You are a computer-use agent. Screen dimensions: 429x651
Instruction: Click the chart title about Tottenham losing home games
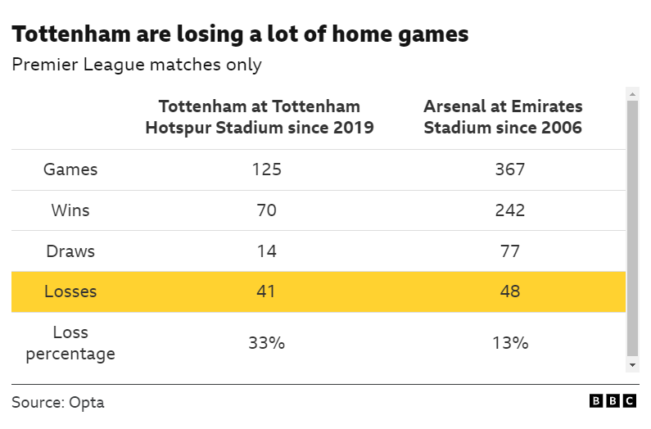click(240, 34)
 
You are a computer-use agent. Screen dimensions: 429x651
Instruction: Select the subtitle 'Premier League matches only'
click(137, 65)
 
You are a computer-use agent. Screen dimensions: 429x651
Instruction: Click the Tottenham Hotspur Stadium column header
click(260, 117)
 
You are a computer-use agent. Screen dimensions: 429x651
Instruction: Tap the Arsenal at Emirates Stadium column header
click(503, 117)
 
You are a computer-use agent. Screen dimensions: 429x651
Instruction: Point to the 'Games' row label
click(70, 169)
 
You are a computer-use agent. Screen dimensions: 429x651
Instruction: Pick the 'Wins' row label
click(70, 210)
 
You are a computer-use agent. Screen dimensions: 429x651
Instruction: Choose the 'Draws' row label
click(70, 251)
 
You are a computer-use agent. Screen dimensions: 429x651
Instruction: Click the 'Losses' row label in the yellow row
click(70, 291)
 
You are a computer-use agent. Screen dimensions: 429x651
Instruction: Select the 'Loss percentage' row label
click(70, 343)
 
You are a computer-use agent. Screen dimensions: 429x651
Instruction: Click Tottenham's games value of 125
click(266, 169)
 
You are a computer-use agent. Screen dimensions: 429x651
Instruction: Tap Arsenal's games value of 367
click(509, 169)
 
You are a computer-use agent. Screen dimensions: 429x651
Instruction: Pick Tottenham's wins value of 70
click(266, 210)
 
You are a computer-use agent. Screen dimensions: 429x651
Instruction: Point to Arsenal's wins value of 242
click(509, 210)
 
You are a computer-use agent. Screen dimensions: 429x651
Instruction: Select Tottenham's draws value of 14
click(266, 251)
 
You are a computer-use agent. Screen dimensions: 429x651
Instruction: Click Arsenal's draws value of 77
click(509, 251)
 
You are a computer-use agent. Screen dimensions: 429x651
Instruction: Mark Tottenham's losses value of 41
click(266, 291)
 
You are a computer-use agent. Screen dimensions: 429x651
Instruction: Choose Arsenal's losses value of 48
click(509, 291)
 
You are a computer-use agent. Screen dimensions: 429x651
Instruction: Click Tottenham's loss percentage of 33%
click(266, 343)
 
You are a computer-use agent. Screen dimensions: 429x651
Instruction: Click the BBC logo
click(613, 401)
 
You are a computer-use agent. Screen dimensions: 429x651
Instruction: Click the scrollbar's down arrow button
click(632, 364)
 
